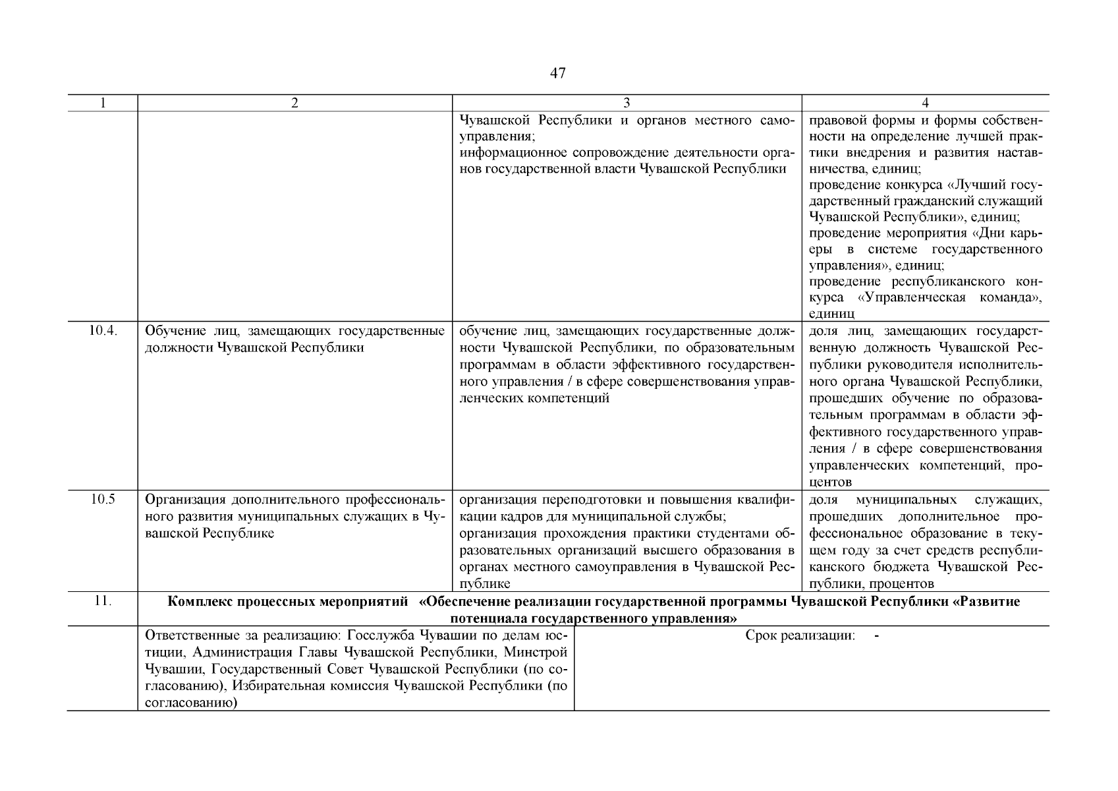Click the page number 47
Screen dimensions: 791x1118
(557, 74)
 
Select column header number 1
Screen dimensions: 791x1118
(102, 103)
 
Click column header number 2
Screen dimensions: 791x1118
(294, 103)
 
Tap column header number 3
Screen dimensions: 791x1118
(627, 103)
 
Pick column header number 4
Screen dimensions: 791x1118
(925, 103)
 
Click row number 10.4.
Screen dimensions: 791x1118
(102, 331)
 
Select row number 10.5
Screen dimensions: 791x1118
(102, 500)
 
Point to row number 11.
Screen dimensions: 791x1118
(102, 601)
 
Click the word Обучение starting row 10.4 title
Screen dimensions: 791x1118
(173, 331)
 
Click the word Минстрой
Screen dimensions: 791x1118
(540, 653)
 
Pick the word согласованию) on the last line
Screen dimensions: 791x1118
(190, 703)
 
